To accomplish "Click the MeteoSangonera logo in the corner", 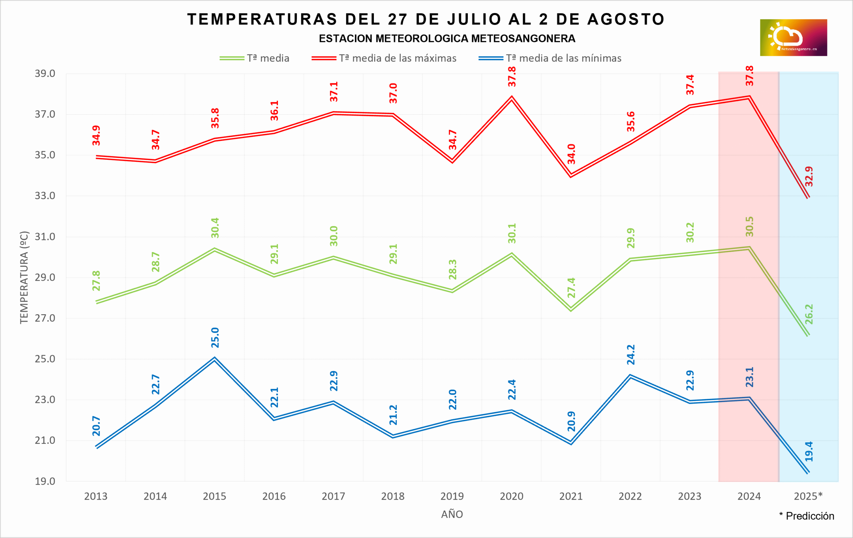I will click(793, 38).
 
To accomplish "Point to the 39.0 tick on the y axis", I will click(45, 74).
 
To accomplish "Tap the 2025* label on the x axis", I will click(808, 496).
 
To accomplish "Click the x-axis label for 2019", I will click(452, 496).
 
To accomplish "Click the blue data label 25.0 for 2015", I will click(215, 337).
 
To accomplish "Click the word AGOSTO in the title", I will click(626, 19).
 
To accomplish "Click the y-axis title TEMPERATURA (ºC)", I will click(24, 278).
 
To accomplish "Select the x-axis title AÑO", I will click(452, 514).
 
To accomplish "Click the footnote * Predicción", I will click(807, 516).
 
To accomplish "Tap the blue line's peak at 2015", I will click(215, 359).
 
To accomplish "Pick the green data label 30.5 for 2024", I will click(750, 226).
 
